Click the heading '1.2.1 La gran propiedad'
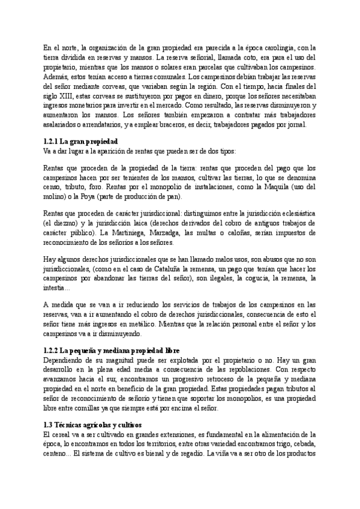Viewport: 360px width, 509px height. (x=80, y=140)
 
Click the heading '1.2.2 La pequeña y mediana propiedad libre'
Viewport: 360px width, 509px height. (x=112, y=350)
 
